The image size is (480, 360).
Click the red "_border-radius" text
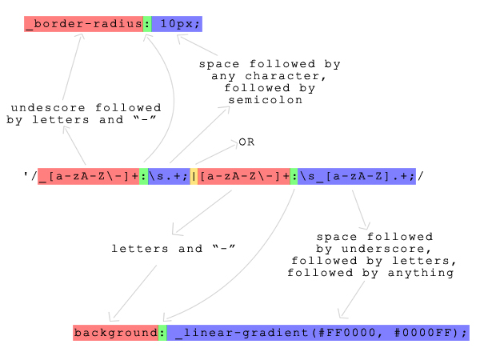[84, 24]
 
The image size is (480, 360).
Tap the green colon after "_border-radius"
[147, 24]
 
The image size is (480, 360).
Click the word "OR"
[246, 142]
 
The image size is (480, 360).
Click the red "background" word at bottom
[115, 332]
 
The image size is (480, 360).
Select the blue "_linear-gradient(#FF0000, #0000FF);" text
[318, 332]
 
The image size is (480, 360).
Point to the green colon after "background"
[162, 332]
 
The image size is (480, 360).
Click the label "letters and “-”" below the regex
[173, 249]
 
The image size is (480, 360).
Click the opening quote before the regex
[26, 174]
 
